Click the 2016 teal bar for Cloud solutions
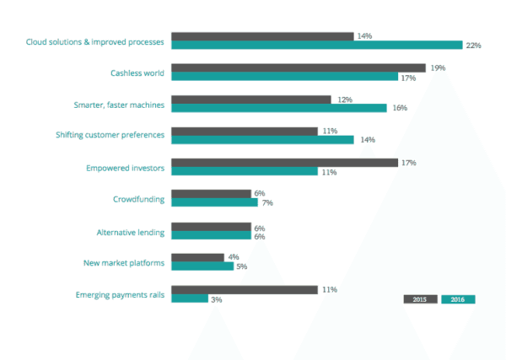[x=317, y=45]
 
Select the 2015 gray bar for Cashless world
[x=299, y=67]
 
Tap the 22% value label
[x=472, y=46]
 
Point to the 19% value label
[x=438, y=67]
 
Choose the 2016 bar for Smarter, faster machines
[x=279, y=108]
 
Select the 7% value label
[x=267, y=203]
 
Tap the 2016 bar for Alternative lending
[x=212, y=236]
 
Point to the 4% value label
[x=234, y=257]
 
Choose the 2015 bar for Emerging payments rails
[x=244, y=289]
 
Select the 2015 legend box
[x=420, y=299]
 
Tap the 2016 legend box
[x=458, y=299]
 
